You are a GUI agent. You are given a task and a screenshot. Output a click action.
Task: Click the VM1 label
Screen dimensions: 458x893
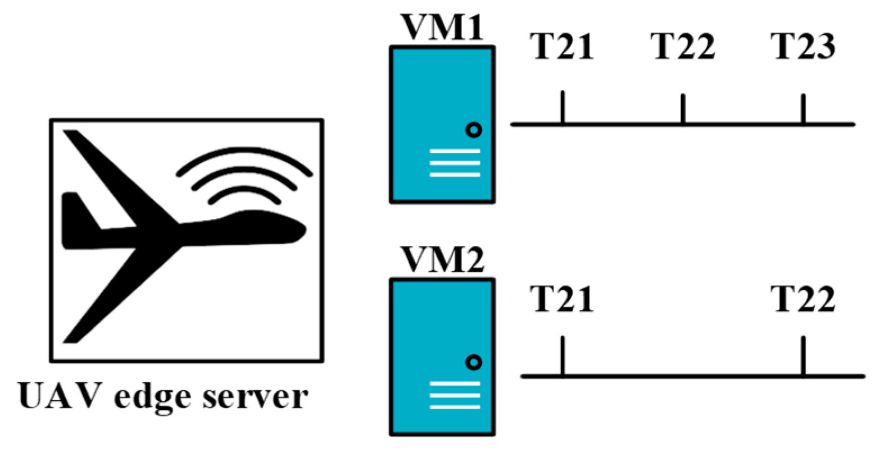click(442, 27)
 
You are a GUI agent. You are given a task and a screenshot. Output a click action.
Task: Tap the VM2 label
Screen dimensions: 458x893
click(442, 260)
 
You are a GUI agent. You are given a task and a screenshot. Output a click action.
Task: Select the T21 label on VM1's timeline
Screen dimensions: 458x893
click(561, 46)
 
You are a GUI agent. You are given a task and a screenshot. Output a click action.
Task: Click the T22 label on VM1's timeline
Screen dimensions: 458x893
click(682, 46)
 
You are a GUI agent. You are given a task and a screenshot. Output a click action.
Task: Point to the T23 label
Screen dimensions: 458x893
click(803, 46)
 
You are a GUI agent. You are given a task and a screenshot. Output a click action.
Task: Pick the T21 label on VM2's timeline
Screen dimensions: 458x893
click(561, 299)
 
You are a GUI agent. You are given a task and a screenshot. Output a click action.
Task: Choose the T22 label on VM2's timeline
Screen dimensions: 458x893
click(803, 299)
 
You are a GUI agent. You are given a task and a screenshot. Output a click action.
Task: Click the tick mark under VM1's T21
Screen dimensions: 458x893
click(562, 107)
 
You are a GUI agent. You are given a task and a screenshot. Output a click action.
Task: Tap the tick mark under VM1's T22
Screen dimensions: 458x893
click(683, 108)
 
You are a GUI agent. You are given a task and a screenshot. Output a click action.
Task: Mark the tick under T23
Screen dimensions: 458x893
click(803, 108)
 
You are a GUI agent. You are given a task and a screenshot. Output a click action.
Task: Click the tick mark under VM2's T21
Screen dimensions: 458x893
click(562, 355)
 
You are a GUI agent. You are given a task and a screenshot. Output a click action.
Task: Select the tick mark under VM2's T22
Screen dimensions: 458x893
click(803, 355)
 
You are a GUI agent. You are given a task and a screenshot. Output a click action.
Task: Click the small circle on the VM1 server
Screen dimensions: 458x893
click(474, 130)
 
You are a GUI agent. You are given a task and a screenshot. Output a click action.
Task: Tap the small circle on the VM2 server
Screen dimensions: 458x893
click(474, 363)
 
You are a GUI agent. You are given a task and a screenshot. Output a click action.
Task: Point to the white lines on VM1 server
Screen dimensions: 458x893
click(455, 163)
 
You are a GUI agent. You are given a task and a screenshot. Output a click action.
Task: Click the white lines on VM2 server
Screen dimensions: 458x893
click(455, 395)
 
